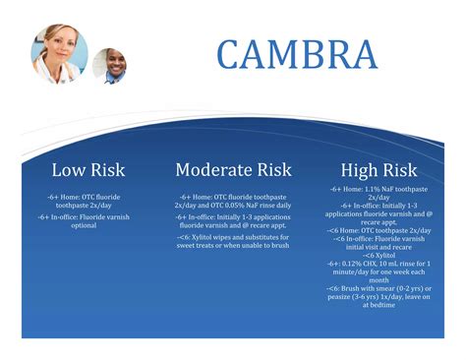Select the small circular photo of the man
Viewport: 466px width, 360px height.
(x=109, y=65)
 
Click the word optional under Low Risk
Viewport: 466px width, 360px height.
(x=84, y=225)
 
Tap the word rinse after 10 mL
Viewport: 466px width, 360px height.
(x=414, y=263)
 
